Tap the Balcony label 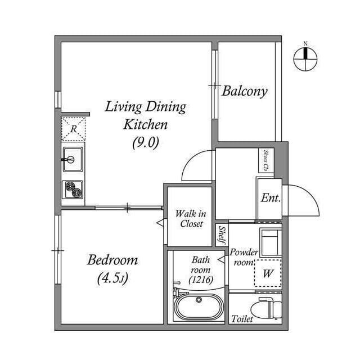pyautogui.click(x=244, y=91)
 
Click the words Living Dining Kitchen pyautogui.click(x=146, y=115)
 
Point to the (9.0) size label pyautogui.click(x=146, y=143)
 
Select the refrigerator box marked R pyautogui.click(x=74, y=129)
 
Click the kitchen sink pyautogui.click(x=73, y=159)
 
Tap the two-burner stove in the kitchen pyautogui.click(x=73, y=190)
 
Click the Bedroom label pyautogui.click(x=112, y=260)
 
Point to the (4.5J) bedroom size pyautogui.click(x=112, y=277)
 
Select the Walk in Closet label pyautogui.click(x=191, y=218)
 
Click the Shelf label pyautogui.click(x=222, y=234)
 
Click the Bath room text pyautogui.click(x=200, y=264)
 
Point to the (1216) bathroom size pyautogui.click(x=200, y=280)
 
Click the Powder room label pyautogui.click(x=244, y=257)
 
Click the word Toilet pyautogui.click(x=242, y=319)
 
